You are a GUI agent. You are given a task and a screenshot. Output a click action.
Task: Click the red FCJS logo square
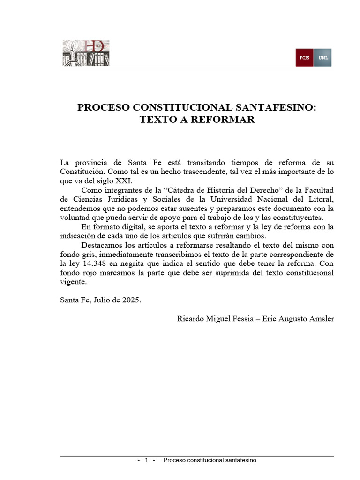click(304, 58)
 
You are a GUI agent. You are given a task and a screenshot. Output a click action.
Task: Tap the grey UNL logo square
click(323, 58)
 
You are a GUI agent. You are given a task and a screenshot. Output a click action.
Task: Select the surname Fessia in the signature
click(240, 319)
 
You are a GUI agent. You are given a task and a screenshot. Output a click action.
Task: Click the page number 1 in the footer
click(147, 460)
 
